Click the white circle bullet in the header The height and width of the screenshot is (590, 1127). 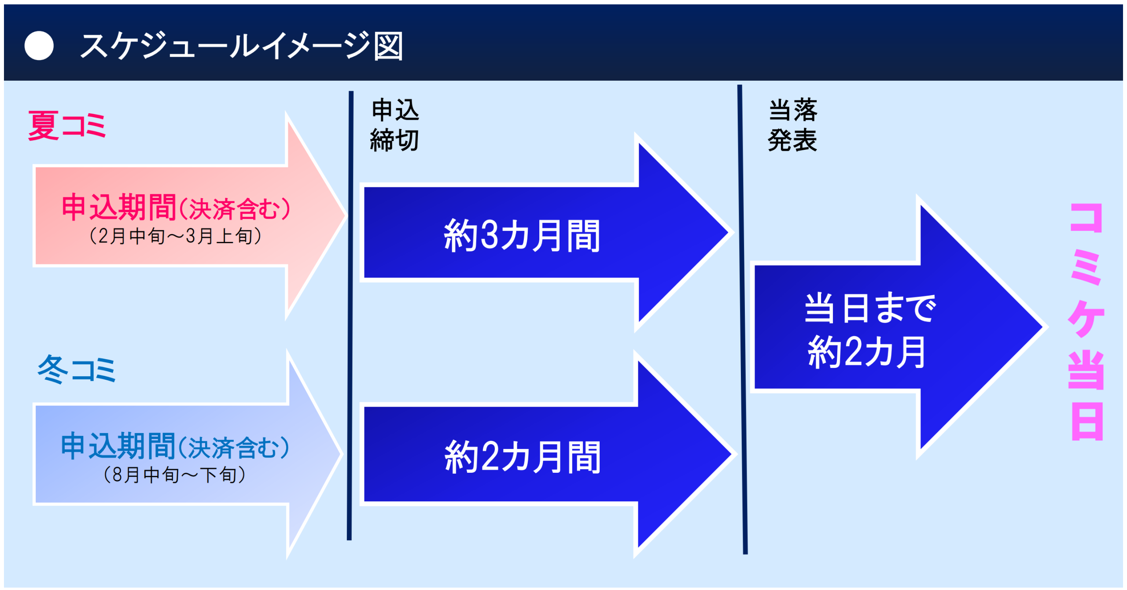(x=39, y=45)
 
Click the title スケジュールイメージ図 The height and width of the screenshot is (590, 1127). (x=241, y=46)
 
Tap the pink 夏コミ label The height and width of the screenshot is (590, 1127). (x=67, y=126)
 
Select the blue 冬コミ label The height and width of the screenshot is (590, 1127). (x=77, y=369)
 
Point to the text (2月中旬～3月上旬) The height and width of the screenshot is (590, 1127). (x=176, y=236)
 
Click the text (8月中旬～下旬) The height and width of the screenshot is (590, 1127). (x=175, y=475)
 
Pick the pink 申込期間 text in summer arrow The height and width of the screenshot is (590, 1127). (x=119, y=207)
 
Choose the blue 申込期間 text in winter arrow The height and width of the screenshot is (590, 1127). (x=118, y=446)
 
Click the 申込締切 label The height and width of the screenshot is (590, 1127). (x=394, y=125)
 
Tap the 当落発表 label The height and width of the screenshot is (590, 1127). (x=792, y=125)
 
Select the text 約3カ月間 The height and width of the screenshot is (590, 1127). (x=522, y=236)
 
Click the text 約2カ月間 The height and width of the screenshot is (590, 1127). (x=523, y=457)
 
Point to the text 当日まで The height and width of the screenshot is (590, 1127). (x=870, y=308)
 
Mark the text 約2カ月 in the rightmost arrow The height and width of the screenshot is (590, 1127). (x=867, y=352)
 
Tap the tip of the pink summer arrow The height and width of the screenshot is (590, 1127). (x=346, y=215)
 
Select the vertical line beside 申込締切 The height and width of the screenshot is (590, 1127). (x=350, y=315)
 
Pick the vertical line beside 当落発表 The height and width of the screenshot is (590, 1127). (x=742, y=319)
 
